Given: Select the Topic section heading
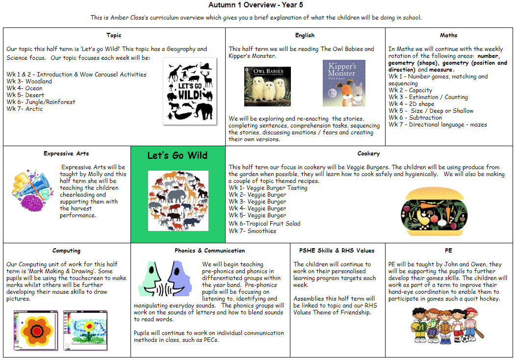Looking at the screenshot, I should (114, 35).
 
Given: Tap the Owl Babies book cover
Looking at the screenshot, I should (267, 86).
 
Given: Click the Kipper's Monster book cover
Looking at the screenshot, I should (344, 83).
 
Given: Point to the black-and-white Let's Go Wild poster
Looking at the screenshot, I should (189, 91).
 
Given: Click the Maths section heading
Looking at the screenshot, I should (448, 35).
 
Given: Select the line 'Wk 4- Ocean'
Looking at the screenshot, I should (25, 88).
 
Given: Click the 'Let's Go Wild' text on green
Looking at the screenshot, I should (178, 156).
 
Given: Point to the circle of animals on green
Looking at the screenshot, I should (178, 194).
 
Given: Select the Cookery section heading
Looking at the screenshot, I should (368, 154).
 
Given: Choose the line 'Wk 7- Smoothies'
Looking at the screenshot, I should (252, 231).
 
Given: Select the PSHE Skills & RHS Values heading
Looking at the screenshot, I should (336, 251).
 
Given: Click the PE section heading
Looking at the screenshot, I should (448, 251).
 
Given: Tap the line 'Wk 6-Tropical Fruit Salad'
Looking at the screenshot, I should (264, 223).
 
